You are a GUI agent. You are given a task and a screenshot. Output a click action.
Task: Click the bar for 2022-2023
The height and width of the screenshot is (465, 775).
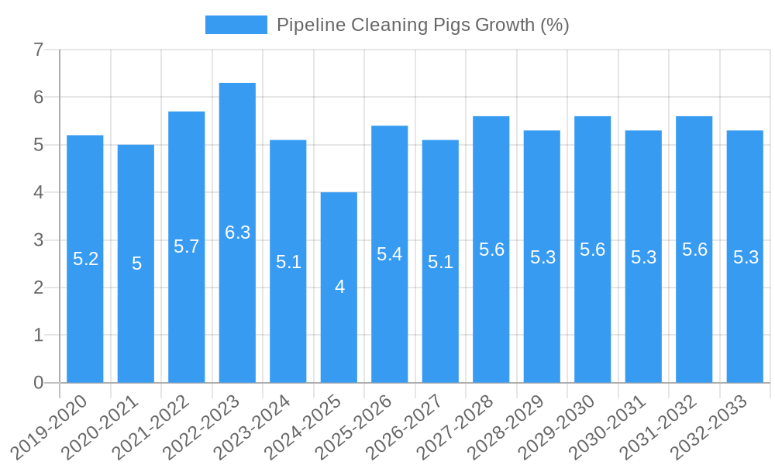coord(237,232)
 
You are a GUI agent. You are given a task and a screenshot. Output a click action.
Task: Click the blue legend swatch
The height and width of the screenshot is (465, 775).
coord(236,25)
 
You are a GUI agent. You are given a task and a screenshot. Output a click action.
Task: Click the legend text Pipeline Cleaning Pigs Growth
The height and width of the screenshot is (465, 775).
coord(423,25)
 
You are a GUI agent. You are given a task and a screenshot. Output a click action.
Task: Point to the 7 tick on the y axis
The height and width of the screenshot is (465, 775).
coord(39,50)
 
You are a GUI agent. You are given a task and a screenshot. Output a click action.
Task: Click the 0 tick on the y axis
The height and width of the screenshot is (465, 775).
coord(39,383)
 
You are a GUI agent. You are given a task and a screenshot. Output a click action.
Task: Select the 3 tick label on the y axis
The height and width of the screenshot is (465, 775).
coord(39,240)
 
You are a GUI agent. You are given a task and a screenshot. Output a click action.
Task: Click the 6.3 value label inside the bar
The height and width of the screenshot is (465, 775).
coord(237,232)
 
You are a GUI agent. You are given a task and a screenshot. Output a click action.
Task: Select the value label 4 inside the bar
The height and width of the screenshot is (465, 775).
coord(339,287)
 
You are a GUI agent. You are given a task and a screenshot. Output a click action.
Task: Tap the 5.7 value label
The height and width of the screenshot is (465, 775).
coord(186,246)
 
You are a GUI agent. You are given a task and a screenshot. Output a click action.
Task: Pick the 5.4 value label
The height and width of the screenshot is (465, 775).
coord(389,254)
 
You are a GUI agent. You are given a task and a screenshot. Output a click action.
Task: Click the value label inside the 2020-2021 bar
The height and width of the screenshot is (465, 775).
coord(136,263)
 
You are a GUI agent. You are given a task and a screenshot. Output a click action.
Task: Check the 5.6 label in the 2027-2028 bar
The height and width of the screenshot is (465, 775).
coord(491,250)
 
